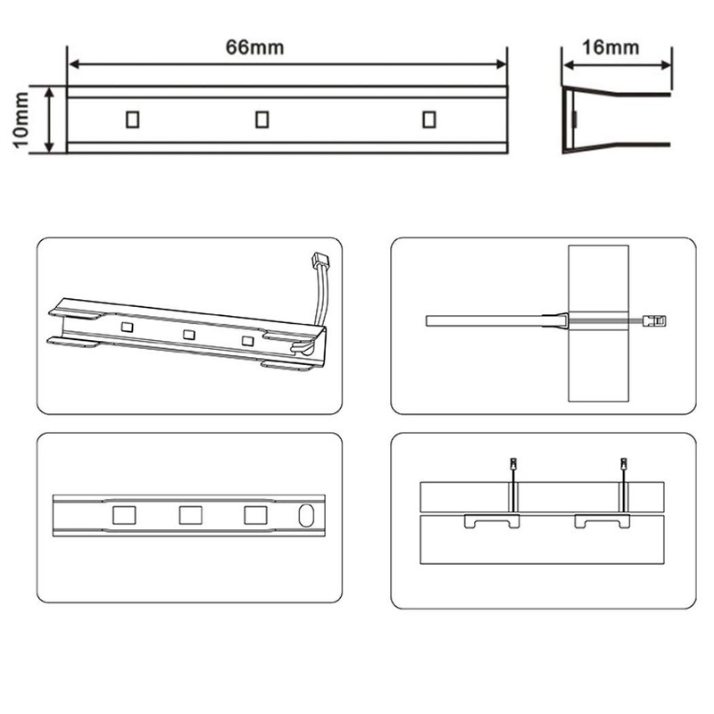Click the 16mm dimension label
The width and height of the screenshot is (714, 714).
coord(616,48)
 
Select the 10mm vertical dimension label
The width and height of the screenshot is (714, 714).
coord(21,120)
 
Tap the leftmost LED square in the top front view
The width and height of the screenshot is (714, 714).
coord(132,119)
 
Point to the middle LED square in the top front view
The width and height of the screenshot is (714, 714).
coord(262,119)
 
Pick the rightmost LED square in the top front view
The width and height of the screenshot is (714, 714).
coord(429,119)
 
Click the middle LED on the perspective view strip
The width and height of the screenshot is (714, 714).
coord(188,335)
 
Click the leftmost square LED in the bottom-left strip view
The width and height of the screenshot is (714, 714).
coord(123,515)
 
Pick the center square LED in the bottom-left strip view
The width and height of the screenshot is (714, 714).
coord(189,515)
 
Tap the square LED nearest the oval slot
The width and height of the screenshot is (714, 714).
coord(255,515)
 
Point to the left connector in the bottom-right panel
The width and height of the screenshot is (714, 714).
coord(512,465)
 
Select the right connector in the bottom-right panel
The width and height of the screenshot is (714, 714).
coord(623,465)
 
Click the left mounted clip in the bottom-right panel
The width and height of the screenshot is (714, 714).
coord(492,520)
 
